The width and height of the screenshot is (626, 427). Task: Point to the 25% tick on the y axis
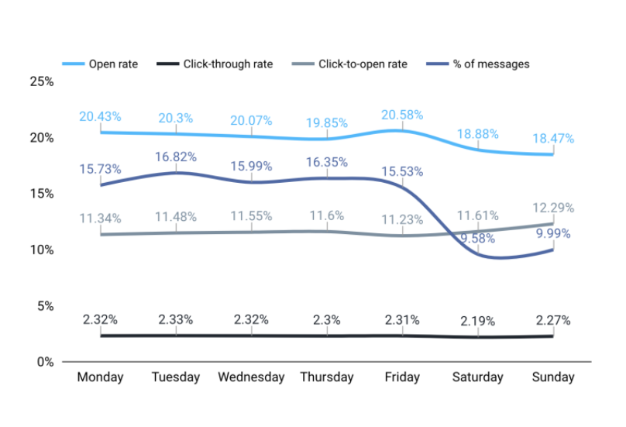pos(41,81)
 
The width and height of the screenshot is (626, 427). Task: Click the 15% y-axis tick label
pos(41,194)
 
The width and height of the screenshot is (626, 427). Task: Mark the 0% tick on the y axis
pos(44,362)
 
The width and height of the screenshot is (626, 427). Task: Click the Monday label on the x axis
pos(100,377)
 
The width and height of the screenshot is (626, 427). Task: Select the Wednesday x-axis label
pos(251,377)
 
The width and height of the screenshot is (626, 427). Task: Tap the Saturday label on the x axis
pos(478,377)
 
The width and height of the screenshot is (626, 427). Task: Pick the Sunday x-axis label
pos(553,377)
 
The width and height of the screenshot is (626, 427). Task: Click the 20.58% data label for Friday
pos(402,115)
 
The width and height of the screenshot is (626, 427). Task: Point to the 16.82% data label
pos(176,157)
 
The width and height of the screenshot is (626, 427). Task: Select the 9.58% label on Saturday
pos(477,238)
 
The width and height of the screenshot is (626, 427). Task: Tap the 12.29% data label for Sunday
pos(552,208)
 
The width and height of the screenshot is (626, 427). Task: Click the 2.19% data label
pos(477,320)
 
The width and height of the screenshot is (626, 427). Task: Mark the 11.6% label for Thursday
pos(326,215)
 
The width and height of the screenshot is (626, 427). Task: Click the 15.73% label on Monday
pos(100,168)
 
